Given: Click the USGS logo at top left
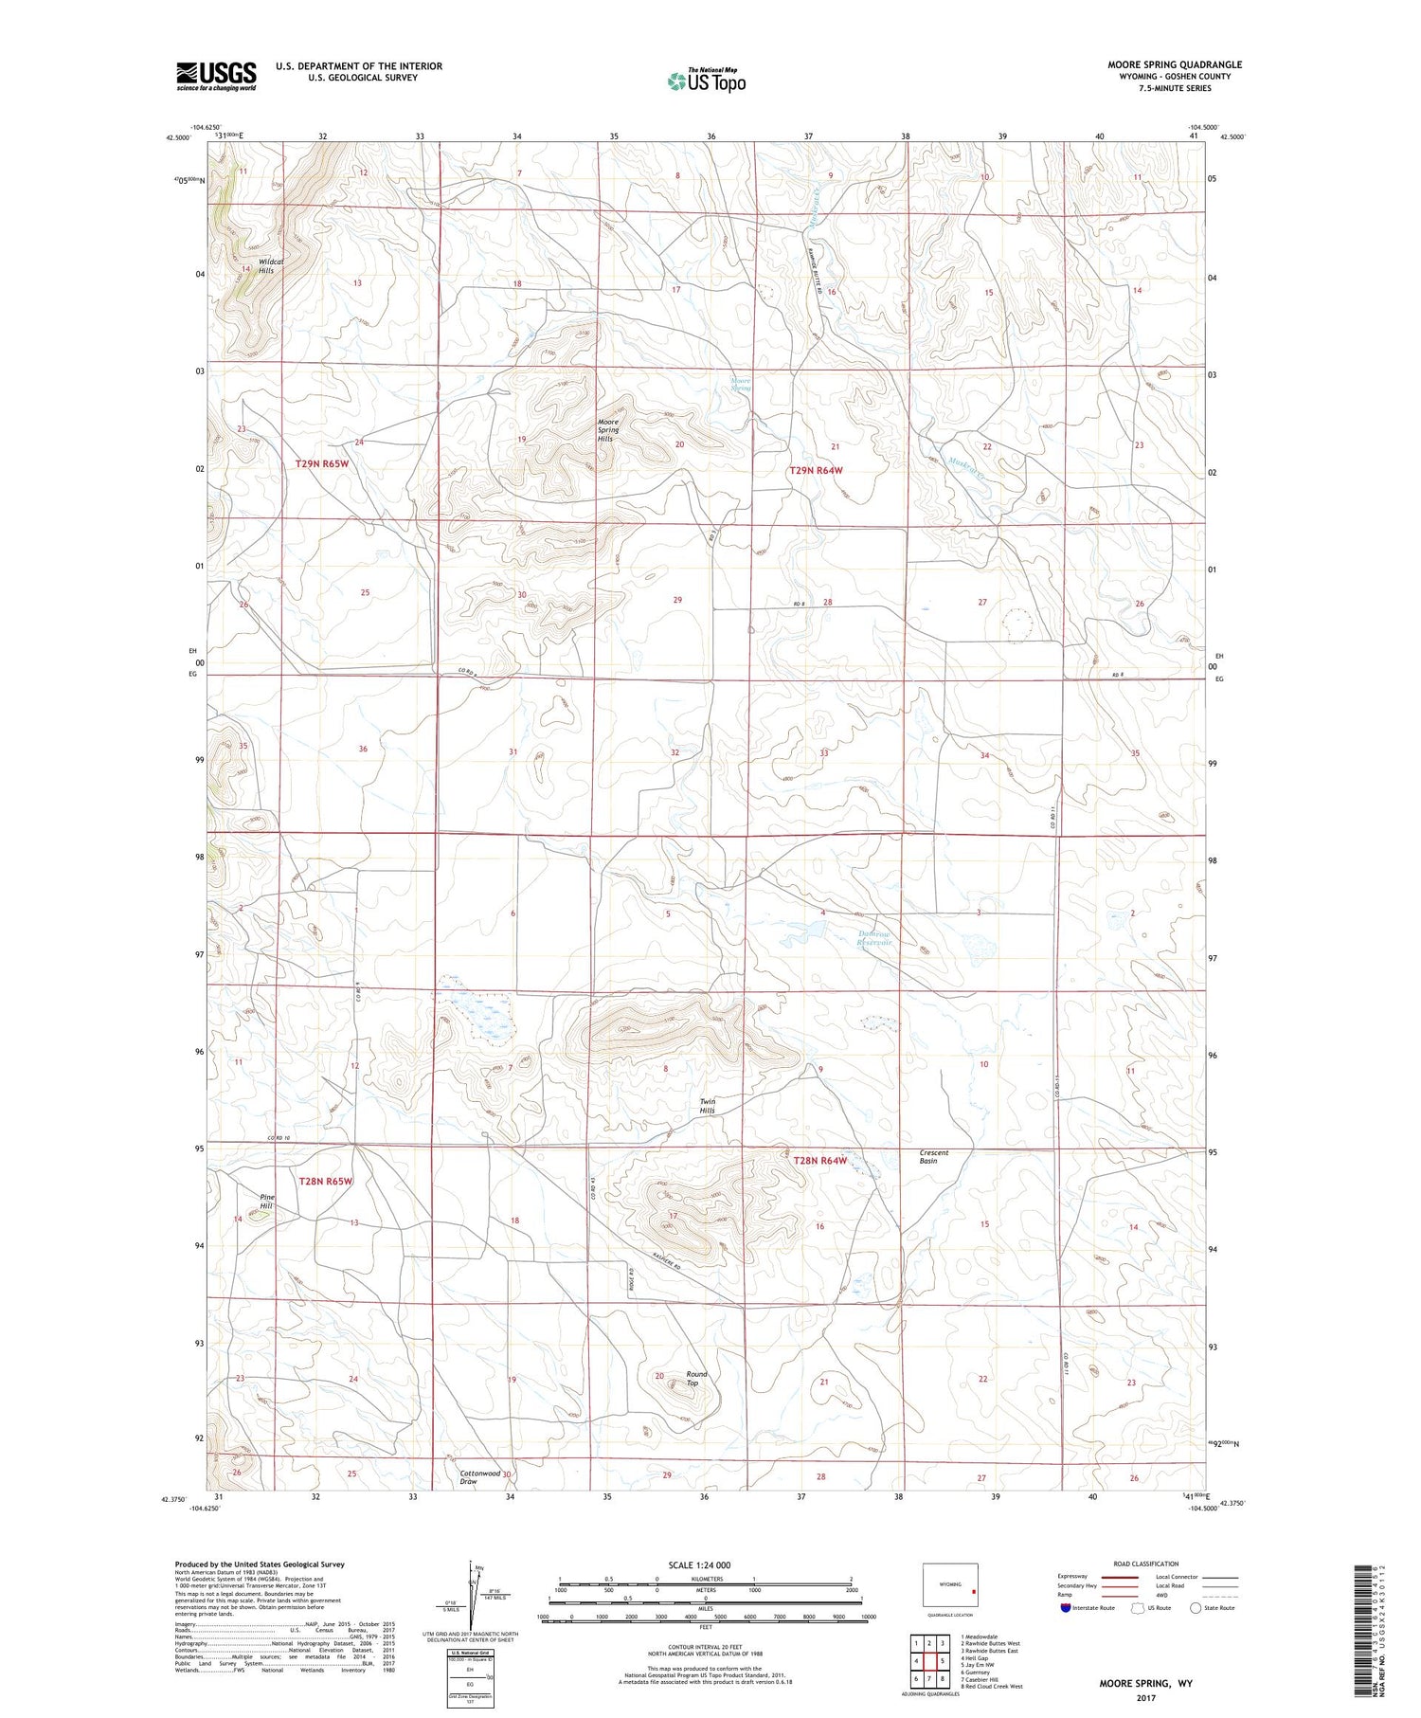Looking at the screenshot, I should pos(216,76).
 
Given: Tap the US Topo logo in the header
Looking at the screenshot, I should pos(706,81).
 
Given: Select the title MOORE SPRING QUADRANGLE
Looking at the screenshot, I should pos(1175,64).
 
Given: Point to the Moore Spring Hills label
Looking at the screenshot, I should pos(607,430).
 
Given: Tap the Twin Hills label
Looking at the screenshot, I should pos(708,1106).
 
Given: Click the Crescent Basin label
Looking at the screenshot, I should pos(933,1157).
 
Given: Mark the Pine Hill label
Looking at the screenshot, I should pos(267,1202).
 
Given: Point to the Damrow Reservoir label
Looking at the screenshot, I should pos(874,938).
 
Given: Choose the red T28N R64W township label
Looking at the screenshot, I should pos(819,1160).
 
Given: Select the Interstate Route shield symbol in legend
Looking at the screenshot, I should pos(1066,1608).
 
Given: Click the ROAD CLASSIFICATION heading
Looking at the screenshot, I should pos(1146,1564).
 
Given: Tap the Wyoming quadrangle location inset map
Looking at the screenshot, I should pos(950,1584).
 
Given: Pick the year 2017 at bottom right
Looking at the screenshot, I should pos(1146,1698).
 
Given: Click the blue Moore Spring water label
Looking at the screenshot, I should pos(741,384).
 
